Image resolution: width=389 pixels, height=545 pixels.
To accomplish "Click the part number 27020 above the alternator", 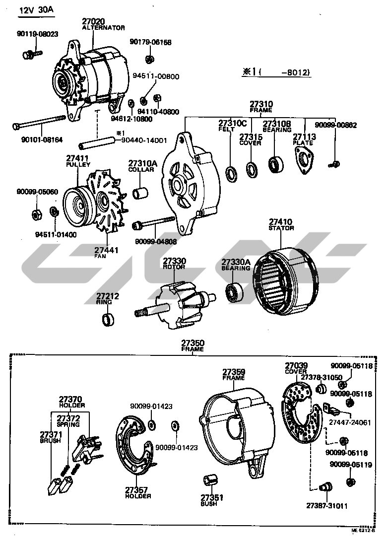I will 93,21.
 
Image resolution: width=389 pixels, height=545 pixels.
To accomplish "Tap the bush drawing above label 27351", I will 208,481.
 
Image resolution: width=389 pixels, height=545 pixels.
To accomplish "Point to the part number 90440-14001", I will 144,140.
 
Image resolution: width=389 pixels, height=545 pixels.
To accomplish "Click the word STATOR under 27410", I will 281,228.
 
